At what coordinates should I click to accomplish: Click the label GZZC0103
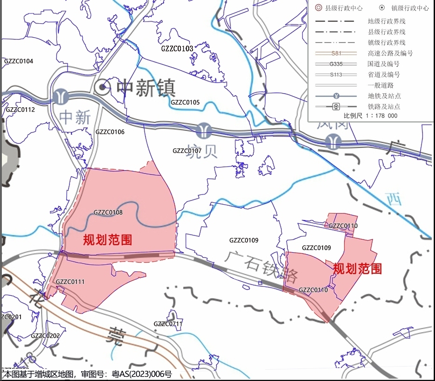pyautogui.click(x=177, y=48)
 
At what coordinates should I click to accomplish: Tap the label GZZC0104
pyautogui.click(x=19, y=61)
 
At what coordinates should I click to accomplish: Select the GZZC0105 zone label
pyautogui.click(x=185, y=102)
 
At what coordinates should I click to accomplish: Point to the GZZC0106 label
pyautogui.click(x=110, y=132)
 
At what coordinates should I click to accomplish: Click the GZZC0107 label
pyautogui.click(x=187, y=151)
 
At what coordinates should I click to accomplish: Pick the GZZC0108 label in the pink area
pyautogui.click(x=108, y=213)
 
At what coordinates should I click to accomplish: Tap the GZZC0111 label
pyautogui.click(x=70, y=282)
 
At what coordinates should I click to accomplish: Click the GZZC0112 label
pyautogui.click(x=20, y=110)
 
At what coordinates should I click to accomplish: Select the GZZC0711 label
pyautogui.click(x=168, y=324)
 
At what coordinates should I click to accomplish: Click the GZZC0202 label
pyautogui.click(x=45, y=336)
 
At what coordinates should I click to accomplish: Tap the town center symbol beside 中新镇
pyautogui.click(x=102, y=87)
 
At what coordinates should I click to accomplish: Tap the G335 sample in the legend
pyautogui.click(x=336, y=64)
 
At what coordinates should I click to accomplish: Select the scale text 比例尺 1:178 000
pyautogui.click(x=371, y=116)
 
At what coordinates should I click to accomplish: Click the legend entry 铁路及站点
pyautogui.click(x=384, y=106)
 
